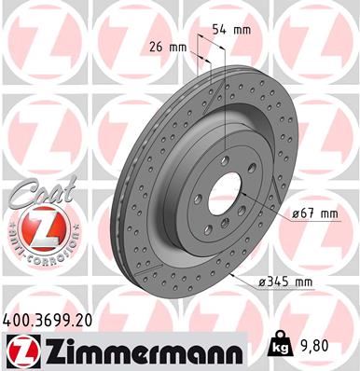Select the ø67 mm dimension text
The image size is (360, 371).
coord(315,214)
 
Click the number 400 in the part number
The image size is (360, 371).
coord(18,320)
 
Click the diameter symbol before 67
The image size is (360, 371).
coord(294,214)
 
